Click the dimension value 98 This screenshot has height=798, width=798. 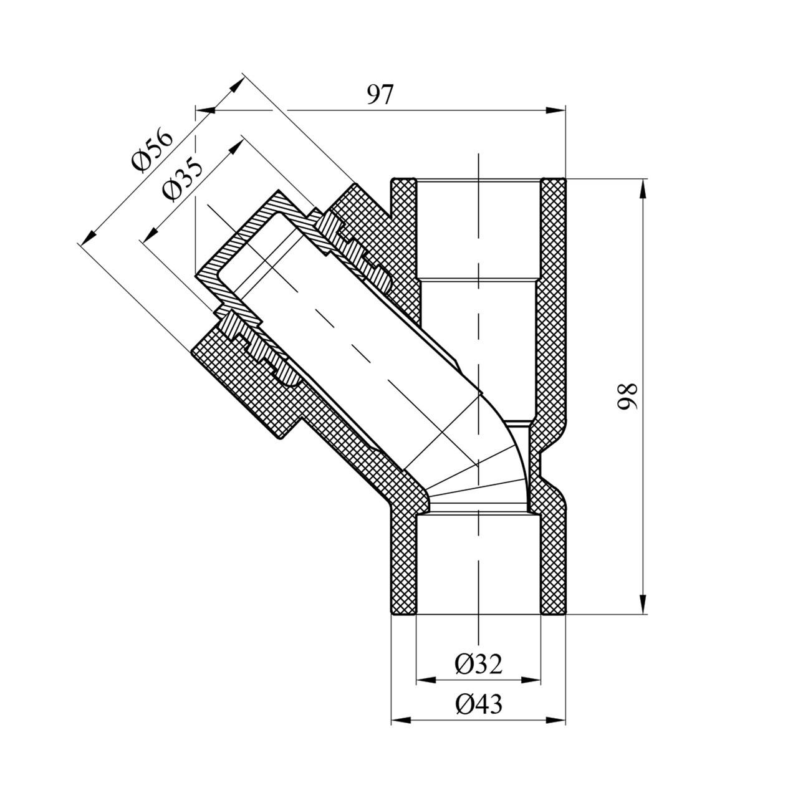tap(627, 396)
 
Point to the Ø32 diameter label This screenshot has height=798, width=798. tap(478, 665)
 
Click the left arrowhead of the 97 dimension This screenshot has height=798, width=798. tap(205, 111)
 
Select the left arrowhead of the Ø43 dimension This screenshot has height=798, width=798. tap(400, 721)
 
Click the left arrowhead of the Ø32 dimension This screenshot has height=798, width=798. tap(425, 678)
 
